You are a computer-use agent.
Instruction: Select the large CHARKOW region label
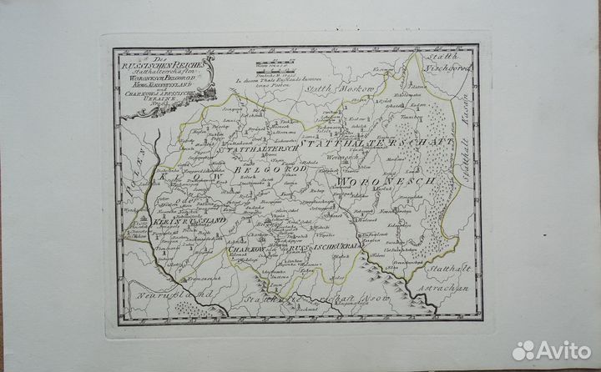(x=245, y=248)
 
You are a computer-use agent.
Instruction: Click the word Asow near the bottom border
(x=361, y=294)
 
